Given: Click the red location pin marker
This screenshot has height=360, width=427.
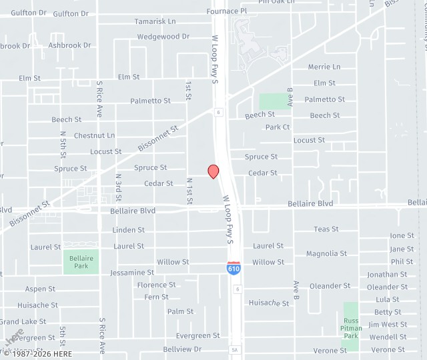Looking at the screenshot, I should click(213, 171).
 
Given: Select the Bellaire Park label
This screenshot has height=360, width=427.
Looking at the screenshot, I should click(81, 261).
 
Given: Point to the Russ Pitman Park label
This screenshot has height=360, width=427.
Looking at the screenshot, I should click(351, 328).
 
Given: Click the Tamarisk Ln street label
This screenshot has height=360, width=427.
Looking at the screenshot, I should click(155, 21).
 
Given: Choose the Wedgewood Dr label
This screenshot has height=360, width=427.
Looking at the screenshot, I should click(163, 37).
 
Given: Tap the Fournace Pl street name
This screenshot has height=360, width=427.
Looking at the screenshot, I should click(226, 11).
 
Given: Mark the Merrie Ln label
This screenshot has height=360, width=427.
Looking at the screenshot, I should click(324, 67).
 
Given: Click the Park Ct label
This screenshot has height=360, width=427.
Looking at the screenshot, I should click(278, 127).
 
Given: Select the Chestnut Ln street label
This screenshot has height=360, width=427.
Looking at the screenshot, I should click(94, 135).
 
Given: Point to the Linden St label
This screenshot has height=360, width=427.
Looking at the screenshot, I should click(129, 230).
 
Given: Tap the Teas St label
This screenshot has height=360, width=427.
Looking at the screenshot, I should click(326, 229).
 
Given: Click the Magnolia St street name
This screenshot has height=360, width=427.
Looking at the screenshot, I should click(326, 253).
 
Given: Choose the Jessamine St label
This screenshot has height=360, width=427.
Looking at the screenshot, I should click(132, 273).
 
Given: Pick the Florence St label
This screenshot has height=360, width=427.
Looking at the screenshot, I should click(156, 285).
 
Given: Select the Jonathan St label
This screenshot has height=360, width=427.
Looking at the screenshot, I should click(387, 274).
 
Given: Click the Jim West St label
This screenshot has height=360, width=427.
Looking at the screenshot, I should click(388, 325).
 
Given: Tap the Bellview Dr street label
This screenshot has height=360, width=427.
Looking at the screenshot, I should click(182, 349).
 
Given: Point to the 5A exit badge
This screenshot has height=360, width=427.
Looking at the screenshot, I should click(234, 349).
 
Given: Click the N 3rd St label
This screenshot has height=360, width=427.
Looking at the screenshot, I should click(118, 187).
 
